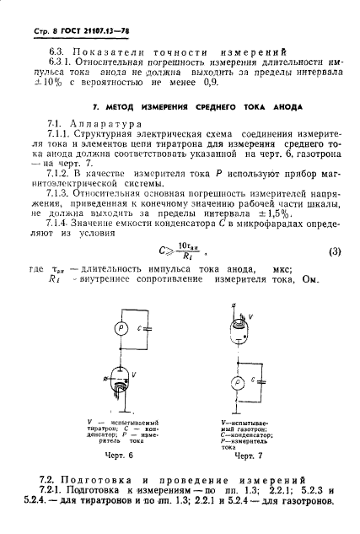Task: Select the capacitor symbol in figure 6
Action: coord(148,331)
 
